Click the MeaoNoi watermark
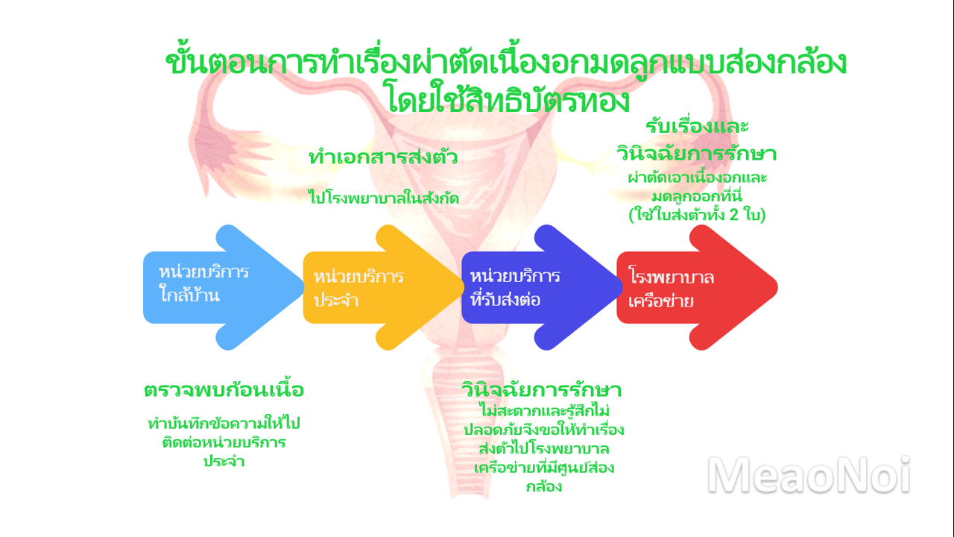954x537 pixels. click(809, 475)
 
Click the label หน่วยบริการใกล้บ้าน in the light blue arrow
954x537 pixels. click(203, 283)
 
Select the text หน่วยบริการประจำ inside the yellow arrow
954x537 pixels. click(358, 289)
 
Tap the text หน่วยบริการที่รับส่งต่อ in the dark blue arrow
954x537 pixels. click(515, 288)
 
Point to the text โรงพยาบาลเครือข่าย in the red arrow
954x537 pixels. click(672, 289)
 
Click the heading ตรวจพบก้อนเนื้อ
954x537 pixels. click(224, 389)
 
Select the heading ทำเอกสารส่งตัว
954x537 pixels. click(383, 157)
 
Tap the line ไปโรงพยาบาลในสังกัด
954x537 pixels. click(384, 198)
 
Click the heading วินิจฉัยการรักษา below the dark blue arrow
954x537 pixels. click(542, 389)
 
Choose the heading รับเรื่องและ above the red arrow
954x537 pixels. click(697, 126)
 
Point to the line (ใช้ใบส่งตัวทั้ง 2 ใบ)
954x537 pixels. click(697, 214)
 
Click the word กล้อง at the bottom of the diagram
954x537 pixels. click(544, 486)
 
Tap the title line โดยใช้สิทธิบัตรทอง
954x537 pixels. click(508, 100)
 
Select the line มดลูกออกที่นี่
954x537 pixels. click(697, 196)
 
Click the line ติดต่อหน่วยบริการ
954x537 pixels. click(224, 442)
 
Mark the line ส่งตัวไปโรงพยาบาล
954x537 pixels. click(544, 449)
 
